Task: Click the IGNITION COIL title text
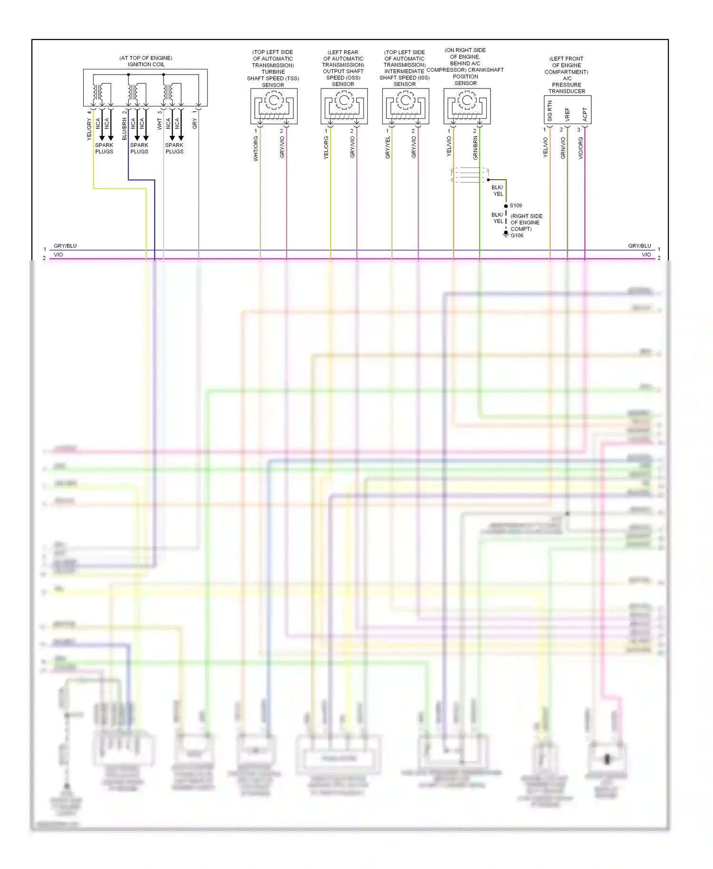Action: click(146, 64)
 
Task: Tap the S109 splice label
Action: click(516, 205)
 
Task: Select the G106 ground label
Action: click(517, 235)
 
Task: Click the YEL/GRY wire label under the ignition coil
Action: click(89, 129)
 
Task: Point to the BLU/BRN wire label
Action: click(125, 129)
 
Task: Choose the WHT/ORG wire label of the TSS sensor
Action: click(256, 148)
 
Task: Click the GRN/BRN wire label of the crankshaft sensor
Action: click(475, 148)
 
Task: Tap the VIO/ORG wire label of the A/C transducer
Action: click(580, 148)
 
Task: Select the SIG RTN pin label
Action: click(550, 111)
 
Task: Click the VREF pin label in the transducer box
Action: click(567, 114)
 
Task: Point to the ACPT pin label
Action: click(585, 114)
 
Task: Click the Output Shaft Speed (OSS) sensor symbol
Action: click(344, 106)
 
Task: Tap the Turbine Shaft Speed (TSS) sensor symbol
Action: click(274, 106)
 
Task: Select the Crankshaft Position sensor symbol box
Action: click(467, 106)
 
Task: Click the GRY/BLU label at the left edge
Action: click(65, 246)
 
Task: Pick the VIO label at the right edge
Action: click(646, 255)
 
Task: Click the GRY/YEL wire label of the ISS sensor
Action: click(387, 147)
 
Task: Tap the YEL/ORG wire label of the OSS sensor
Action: click(326, 147)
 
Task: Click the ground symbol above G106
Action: click(506, 233)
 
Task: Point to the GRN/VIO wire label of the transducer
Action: click(563, 148)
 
